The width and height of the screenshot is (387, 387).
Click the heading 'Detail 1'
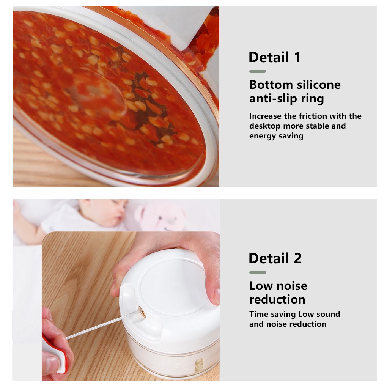274,57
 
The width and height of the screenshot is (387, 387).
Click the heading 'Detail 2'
275,258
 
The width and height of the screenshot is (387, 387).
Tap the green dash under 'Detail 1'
257,71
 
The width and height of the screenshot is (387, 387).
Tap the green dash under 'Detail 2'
257,272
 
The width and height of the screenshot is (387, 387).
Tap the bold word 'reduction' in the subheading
277,299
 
